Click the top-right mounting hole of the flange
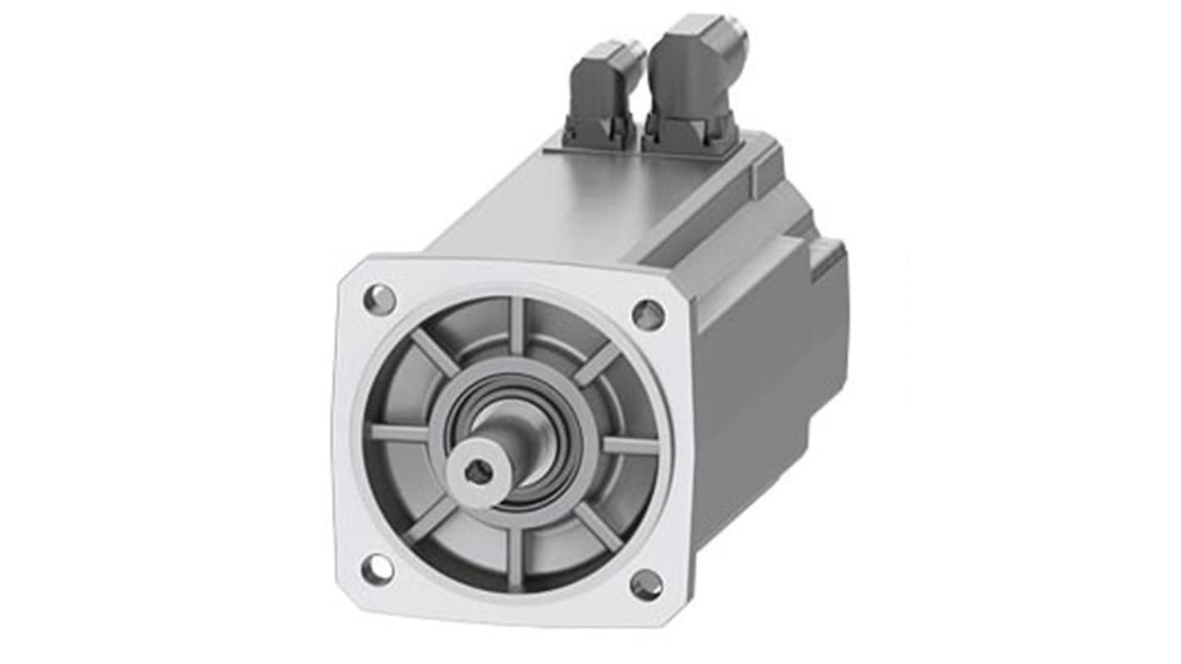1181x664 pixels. (648, 315)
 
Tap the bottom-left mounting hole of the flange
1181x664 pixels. (378, 569)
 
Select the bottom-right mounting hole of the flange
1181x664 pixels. (646, 585)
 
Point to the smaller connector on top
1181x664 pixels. (605, 92)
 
